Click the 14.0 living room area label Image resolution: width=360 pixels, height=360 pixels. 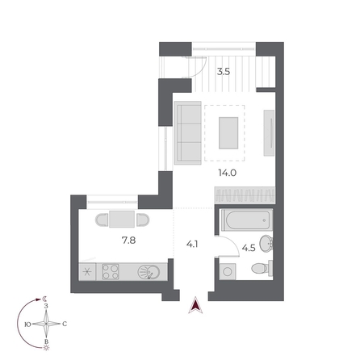point(226,172)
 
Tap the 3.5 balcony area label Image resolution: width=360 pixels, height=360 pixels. point(223,72)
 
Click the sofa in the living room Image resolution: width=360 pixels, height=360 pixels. point(187,131)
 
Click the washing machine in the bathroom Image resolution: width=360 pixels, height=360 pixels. point(227,272)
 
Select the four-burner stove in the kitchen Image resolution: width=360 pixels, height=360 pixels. point(110,272)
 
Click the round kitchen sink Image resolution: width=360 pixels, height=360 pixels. point(148,272)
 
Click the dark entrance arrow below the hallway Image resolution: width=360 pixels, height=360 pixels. point(194,306)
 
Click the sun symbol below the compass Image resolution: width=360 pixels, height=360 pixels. point(47,350)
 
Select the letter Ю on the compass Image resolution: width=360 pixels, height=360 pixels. point(28,324)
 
